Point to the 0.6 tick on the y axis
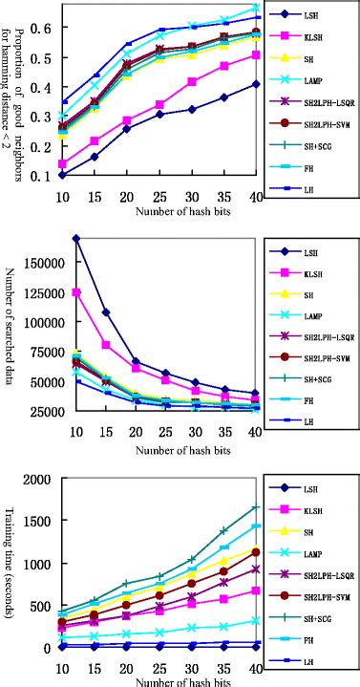pyautogui.click(x=42, y=28)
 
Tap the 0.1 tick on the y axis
pyautogui.click(x=42, y=176)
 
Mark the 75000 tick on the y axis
pyautogui.click(x=35, y=353)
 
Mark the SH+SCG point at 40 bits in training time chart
pyautogui.click(x=255, y=507)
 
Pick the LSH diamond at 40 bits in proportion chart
pyautogui.click(x=255, y=84)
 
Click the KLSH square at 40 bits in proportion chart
pyautogui.click(x=255, y=54)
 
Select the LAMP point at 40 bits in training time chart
pyautogui.click(x=255, y=620)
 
